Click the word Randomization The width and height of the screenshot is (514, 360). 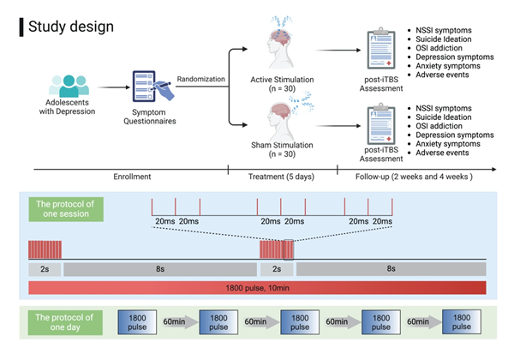[x=202, y=80]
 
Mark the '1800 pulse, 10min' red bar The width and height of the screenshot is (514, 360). [x=257, y=287]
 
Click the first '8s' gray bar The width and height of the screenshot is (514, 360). [x=159, y=268]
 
